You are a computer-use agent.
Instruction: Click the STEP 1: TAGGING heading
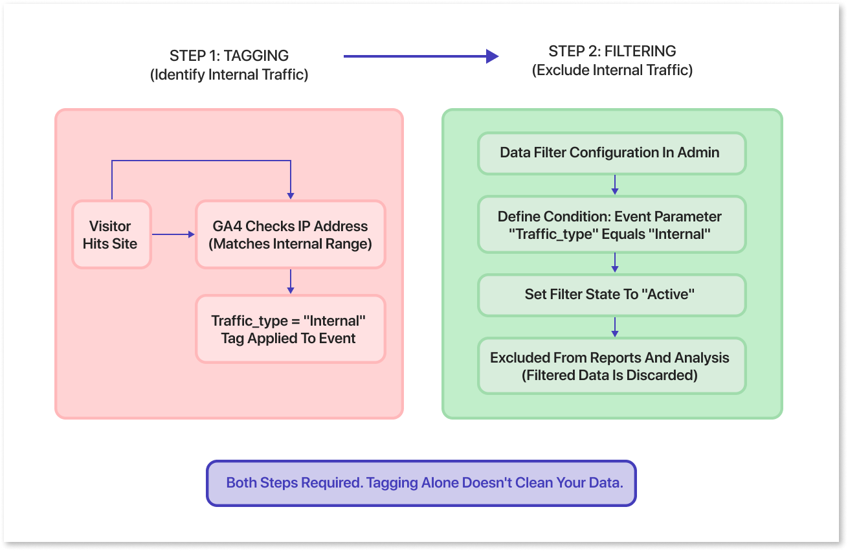tap(229, 56)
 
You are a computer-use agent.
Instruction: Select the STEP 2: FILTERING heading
tap(612, 51)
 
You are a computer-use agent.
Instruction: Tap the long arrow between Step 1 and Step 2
tap(420, 56)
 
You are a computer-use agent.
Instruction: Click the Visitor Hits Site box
tap(111, 234)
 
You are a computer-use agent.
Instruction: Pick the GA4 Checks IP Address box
tap(290, 234)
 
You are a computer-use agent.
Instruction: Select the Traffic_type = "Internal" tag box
tap(290, 329)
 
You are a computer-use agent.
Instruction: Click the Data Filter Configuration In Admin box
tap(611, 153)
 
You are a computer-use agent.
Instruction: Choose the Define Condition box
tap(611, 225)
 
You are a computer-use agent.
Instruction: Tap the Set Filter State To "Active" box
tap(611, 295)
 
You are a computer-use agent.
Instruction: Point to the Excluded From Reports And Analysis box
tap(611, 366)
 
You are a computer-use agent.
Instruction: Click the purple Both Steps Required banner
tap(421, 483)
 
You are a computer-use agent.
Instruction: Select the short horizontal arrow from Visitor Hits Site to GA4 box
tap(173, 234)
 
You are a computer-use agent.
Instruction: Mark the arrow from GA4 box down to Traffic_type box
tap(291, 281)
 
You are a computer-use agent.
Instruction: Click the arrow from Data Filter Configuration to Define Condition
tap(614, 185)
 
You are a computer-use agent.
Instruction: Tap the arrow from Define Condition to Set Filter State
tap(614, 262)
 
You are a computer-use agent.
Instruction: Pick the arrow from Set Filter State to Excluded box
tap(614, 326)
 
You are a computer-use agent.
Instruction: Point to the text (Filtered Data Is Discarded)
tap(610, 375)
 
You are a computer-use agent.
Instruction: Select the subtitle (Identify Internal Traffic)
tap(229, 74)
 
